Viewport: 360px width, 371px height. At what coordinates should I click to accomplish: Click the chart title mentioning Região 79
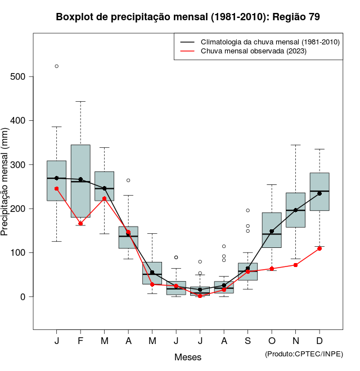click(x=188, y=17)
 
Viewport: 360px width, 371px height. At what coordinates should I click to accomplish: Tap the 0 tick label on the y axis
click(x=24, y=297)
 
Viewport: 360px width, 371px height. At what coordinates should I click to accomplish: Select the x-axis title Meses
click(x=188, y=357)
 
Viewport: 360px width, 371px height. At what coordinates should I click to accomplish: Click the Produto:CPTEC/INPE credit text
click(x=304, y=354)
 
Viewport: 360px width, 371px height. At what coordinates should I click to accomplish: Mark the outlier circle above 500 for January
click(x=57, y=66)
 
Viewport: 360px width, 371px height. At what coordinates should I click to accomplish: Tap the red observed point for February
click(x=80, y=224)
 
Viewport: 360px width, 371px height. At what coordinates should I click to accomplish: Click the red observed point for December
click(x=319, y=248)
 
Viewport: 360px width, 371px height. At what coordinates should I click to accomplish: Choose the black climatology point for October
click(x=272, y=231)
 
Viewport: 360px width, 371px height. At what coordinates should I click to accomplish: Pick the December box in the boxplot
click(x=319, y=192)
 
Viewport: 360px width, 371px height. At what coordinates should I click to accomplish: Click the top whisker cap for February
click(x=80, y=102)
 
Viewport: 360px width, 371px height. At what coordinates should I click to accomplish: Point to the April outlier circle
click(x=128, y=180)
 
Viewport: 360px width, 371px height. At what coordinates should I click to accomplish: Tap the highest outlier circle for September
click(x=247, y=210)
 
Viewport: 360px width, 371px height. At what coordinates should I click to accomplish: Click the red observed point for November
click(x=295, y=265)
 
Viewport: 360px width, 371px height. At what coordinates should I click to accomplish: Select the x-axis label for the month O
click(x=272, y=341)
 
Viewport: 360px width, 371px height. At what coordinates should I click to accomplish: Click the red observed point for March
click(x=105, y=198)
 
